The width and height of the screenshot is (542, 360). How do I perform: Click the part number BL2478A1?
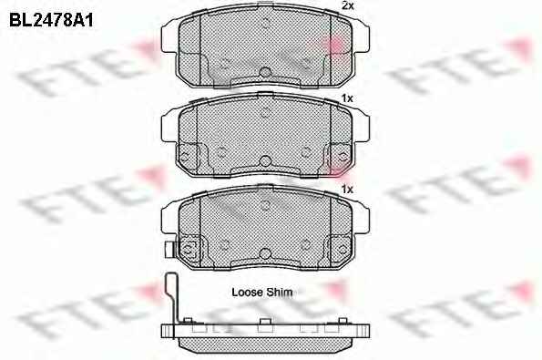(51, 20)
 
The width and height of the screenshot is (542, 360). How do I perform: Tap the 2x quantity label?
(348, 5)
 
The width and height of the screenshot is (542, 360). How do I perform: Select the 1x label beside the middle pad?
(347, 98)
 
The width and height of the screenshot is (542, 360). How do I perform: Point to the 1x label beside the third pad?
(347, 190)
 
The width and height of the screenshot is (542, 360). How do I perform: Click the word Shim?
(280, 293)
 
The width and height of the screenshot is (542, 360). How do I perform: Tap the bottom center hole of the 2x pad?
(265, 72)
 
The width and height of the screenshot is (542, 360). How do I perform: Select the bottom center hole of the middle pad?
(265, 160)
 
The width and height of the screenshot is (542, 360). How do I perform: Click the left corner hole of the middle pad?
(185, 157)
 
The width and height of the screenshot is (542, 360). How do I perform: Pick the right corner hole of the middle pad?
(343, 157)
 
